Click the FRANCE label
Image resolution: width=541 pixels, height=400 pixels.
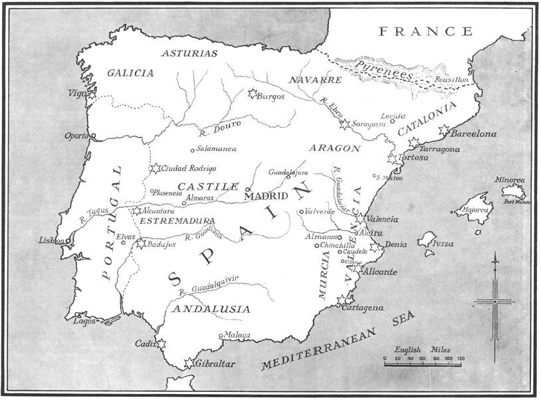tap(425, 31)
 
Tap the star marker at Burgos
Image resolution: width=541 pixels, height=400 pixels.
tap(252, 95)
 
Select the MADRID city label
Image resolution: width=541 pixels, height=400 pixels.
tap(266, 196)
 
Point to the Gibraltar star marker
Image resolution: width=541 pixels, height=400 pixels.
tap(189, 363)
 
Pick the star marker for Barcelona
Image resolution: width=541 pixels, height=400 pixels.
tap(444, 131)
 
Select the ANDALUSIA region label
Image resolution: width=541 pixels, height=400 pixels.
tap(211, 309)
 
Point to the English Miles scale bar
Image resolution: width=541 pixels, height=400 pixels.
tap(422, 363)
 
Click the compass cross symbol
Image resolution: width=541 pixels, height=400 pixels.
tap(495, 301)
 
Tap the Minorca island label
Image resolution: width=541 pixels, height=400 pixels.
tap(509, 180)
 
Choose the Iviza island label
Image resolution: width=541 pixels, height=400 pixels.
tap(443, 244)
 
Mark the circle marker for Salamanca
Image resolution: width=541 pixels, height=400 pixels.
tap(193, 149)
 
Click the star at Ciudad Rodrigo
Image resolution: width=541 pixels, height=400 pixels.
tap(156, 169)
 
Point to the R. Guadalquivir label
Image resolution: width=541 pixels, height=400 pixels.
tap(208, 284)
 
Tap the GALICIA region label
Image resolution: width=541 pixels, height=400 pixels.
tap(130, 73)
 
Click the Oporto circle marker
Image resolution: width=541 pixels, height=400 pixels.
tap(93, 136)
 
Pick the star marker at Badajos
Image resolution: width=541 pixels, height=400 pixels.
tap(141, 244)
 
